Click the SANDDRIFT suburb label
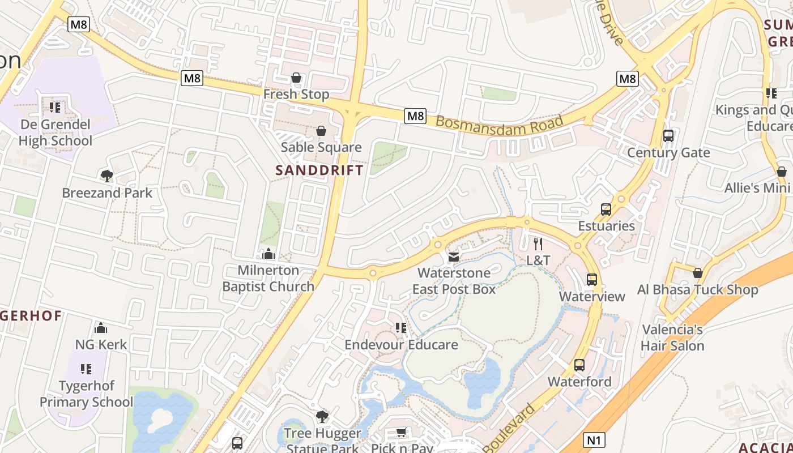click(x=319, y=170)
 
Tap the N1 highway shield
click(x=594, y=439)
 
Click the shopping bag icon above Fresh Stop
click(x=296, y=78)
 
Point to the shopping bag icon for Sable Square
click(x=321, y=131)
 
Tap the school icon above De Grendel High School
click(x=55, y=107)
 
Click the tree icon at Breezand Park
click(x=106, y=176)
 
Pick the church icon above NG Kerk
click(x=101, y=327)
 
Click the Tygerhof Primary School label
click(x=86, y=394)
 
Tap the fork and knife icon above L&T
click(x=538, y=244)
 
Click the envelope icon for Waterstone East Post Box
click(x=453, y=257)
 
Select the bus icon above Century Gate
click(x=668, y=136)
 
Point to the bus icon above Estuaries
click(x=606, y=210)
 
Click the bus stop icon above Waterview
click(x=592, y=280)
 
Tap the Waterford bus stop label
click(x=579, y=382)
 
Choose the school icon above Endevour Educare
click(x=401, y=328)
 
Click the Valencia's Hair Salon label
click(x=673, y=337)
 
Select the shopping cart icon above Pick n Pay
click(x=402, y=433)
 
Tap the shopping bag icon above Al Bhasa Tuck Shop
click(x=698, y=273)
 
